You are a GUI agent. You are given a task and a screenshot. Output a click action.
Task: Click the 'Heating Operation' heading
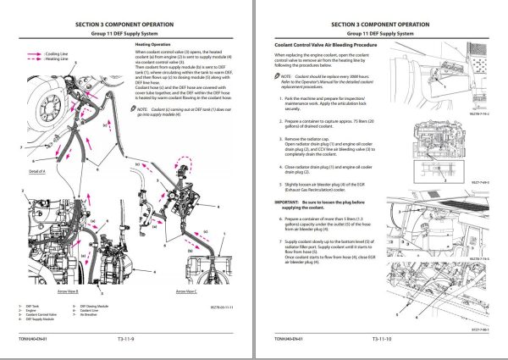click(x=154, y=43)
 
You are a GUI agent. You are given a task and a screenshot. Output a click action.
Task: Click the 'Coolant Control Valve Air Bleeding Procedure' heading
click(x=330, y=43)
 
